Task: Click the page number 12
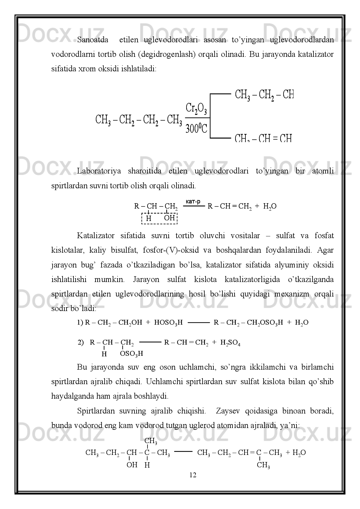click(193, 475)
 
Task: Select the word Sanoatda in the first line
click(93, 40)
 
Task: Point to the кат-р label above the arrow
click(193, 202)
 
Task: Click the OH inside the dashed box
click(170, 218)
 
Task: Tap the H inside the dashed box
click(149, 218)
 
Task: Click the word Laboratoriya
click(99, 171)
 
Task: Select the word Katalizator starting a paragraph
click(96, 235)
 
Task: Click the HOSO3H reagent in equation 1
click(168, 323)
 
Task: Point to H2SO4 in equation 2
click(230, 343)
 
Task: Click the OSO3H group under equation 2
click(131, 353)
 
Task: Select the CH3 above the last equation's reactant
click(151, 441)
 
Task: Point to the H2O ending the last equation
click(299, 453)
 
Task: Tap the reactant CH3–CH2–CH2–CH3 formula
click(139, 120)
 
